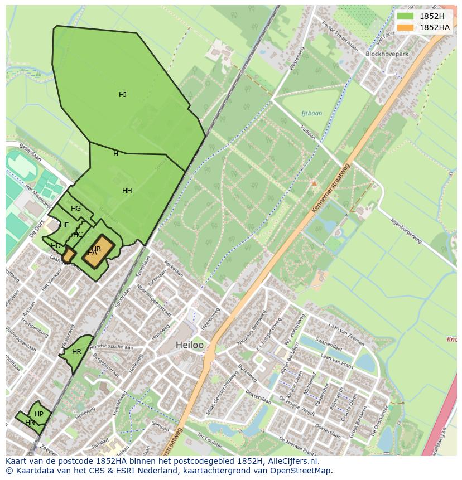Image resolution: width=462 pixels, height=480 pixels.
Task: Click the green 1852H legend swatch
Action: tap(405, 16)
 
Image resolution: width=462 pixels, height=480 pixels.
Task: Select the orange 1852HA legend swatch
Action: tap(405, 27)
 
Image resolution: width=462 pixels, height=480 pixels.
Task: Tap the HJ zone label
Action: tap(123, 95)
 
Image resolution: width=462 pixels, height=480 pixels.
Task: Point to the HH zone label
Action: tap(127, 191)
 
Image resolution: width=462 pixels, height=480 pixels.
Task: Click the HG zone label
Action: tap(76, 209)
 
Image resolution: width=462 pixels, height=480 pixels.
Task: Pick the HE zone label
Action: tap(64, 225)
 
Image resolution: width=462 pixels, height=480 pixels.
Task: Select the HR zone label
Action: tap(76, 352)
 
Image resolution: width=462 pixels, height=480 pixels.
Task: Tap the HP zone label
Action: tap(39, 414)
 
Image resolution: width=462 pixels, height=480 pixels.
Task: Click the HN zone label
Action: tap(30, 423)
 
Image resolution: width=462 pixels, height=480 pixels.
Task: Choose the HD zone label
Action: tap(56, 246)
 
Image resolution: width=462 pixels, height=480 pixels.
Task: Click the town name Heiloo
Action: tap(190, 345)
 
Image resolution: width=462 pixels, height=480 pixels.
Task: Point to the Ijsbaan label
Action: tap(311, 113)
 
